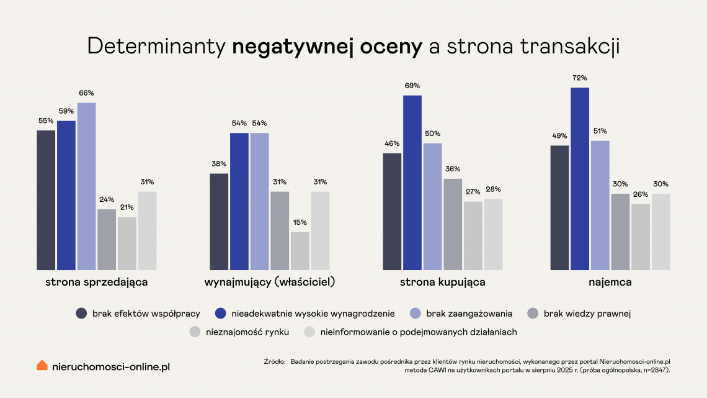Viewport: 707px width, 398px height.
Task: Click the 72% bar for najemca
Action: click(x=580, y=179)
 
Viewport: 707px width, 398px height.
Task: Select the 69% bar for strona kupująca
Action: click(x=412, y=183)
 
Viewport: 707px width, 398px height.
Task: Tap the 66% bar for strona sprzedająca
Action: click(x=87, y=186)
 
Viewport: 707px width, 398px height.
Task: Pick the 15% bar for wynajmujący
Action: click(x=300, y=251)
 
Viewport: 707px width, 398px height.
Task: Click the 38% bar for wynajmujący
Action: click(x=219, y=222)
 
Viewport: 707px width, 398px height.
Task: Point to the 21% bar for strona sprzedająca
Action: click(x=127, y=243)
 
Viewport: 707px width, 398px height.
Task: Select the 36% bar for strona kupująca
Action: click(x=453, y=224)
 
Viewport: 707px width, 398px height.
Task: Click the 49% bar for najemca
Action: click(x=559, y=207)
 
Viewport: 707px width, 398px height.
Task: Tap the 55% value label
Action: click(x=46, y=121)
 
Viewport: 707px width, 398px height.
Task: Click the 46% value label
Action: click(x=392, y=144)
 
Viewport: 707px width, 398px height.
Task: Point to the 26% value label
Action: click(x=641, y=195)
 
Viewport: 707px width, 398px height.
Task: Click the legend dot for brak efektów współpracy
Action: click(x=81, y=314)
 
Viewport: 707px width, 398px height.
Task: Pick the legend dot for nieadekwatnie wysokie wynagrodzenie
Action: click(x=220, y=314)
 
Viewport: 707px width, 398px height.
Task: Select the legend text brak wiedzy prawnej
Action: click(x=587, y=314)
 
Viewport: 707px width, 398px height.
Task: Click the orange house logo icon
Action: click(x=42, y=365)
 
